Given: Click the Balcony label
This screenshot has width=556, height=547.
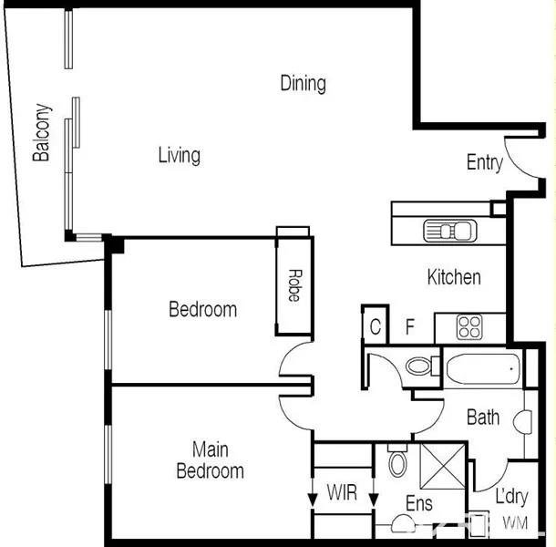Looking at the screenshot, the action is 42,132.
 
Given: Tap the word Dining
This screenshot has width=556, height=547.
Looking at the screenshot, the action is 304,84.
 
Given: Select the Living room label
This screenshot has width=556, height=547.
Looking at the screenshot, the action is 179,156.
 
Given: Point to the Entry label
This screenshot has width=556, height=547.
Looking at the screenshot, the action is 485,163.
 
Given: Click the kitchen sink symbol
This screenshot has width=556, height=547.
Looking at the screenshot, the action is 450,231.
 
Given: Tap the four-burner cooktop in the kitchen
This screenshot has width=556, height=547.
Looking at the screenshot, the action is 469,326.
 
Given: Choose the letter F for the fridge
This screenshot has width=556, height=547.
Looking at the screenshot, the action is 410,326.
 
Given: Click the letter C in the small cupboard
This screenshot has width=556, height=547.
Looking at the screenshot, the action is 376,326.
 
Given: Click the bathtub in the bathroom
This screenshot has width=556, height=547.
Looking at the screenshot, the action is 483,369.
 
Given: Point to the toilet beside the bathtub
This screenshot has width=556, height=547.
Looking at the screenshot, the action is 422,366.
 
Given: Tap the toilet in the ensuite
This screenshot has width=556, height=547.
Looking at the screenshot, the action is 397,460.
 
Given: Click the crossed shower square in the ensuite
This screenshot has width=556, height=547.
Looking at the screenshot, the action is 443,466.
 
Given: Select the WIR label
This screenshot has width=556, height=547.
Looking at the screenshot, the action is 342,492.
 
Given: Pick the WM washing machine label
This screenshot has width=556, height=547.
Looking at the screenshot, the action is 515,523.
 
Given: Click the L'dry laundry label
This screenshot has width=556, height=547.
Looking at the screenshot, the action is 511,497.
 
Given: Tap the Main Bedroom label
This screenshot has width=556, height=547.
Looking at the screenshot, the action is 210,460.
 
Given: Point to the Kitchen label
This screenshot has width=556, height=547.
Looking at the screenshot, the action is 454,277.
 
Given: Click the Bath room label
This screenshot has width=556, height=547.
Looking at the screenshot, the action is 483,418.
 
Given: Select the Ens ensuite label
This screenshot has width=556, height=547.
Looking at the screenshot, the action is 419,503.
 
